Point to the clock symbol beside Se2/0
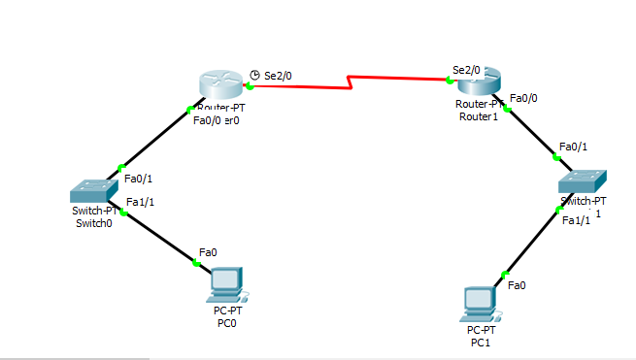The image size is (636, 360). click(254, 75)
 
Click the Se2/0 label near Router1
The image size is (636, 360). click(466, 70)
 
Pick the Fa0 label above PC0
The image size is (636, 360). click(207, 251)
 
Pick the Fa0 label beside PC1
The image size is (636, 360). click(518, 284)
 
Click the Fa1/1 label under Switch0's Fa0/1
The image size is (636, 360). click(140, 202)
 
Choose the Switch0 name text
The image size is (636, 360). click(94, 223)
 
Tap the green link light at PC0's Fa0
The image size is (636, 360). click(196, 262)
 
